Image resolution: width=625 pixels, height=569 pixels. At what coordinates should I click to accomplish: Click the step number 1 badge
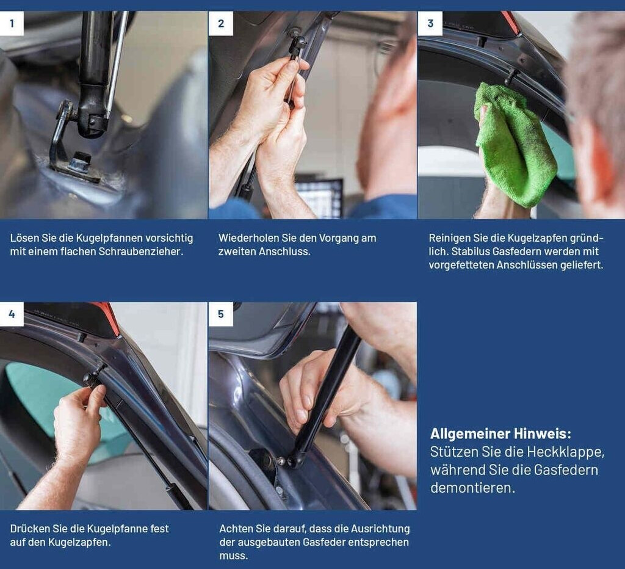[12, 24]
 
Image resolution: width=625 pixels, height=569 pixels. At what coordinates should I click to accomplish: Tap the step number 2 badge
[221, 24]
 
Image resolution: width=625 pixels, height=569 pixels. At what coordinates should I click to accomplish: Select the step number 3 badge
[430, 24]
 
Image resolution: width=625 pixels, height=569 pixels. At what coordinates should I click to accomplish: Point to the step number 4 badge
[12, 314]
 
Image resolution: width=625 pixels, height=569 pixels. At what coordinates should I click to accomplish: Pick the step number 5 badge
[221, 314]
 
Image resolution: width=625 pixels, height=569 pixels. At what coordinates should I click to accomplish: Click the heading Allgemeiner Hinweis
[500, 433]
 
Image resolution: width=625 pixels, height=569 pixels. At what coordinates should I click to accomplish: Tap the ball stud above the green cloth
[511, 76]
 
